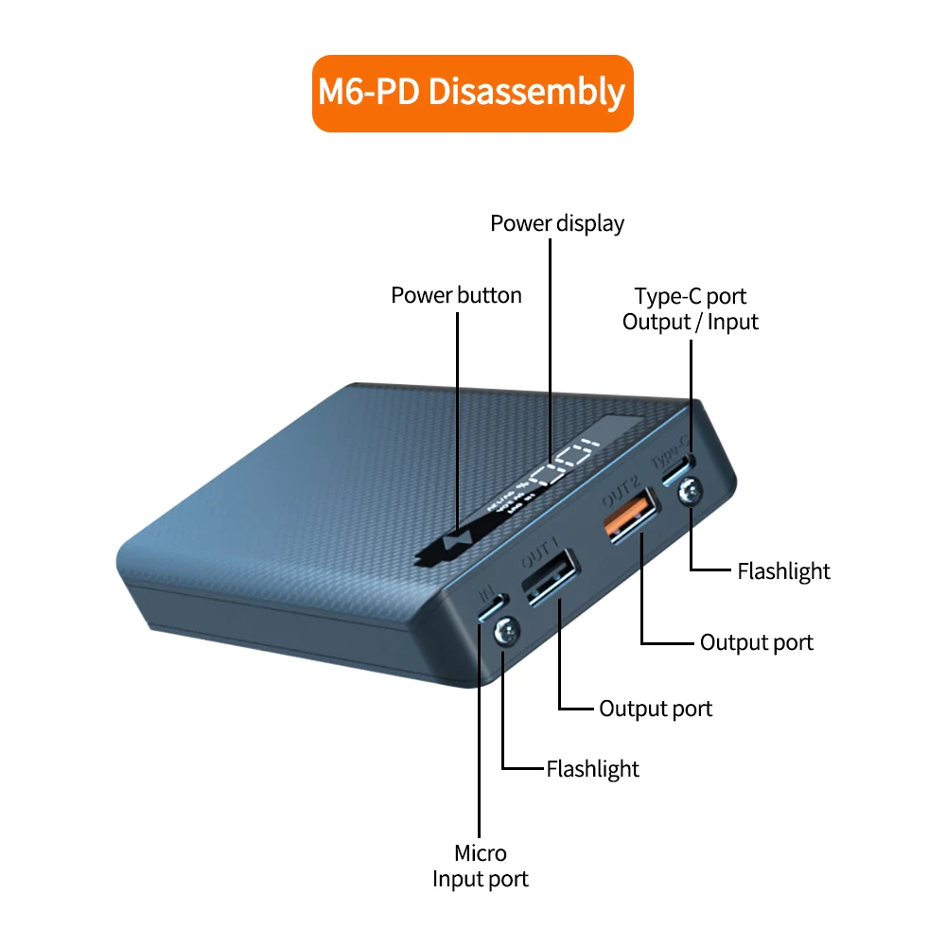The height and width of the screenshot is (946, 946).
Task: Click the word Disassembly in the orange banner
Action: [527, 93]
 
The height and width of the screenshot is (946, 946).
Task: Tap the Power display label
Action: [557, 223]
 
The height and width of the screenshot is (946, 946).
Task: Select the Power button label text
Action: [456, 295]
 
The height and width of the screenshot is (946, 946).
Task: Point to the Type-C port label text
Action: [691, 296]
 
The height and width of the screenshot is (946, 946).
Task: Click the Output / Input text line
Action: [691, 322]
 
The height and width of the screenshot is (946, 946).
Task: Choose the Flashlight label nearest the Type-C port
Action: [783, 570]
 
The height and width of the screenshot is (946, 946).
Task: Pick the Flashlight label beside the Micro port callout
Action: [592, 768]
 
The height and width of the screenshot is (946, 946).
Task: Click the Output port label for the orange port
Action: [756, 642]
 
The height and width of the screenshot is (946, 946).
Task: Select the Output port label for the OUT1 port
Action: [656, 708]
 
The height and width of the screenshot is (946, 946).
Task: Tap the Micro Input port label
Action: [481, 866]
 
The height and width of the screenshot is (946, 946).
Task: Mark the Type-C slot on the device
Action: [683, 470]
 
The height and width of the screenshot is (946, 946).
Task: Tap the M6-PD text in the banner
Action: [369, 93]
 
